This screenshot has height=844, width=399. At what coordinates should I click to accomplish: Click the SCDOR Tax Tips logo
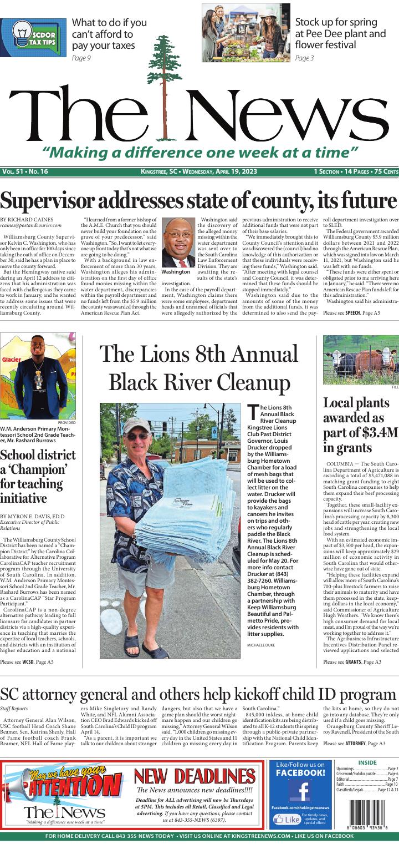[33, 37]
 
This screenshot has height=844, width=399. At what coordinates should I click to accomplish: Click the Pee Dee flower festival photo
[246, 32]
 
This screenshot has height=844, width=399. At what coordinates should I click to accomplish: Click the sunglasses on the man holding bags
[137, 436]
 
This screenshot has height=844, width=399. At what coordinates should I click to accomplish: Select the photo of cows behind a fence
[361, 359]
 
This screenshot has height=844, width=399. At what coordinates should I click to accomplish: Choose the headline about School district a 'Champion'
[38, 476]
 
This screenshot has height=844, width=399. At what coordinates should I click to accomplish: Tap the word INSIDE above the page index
[367, 763]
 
